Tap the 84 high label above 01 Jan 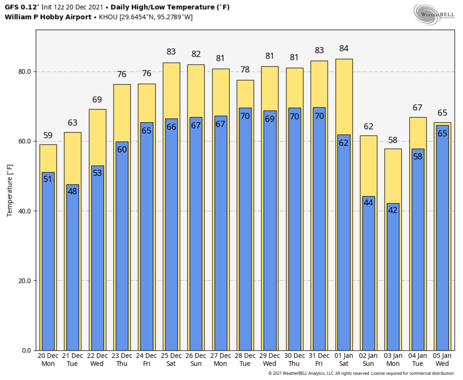click(x=344, y=49)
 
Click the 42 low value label click(x=393, y=210)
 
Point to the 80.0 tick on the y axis click(x=25, y=71)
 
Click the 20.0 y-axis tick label click(x=25, y=281)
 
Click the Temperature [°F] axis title click(x=10, y=190)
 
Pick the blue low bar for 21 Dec click(x=73, y=269)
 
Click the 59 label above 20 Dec click(x=48, y=135)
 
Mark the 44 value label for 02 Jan click(x=368, y=203)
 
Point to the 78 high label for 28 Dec click(x=245, y=70)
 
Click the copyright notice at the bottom click(x=361, y=373)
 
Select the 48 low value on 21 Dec click(x=73, y=191)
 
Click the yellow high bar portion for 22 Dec click(x=97, y=137)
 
